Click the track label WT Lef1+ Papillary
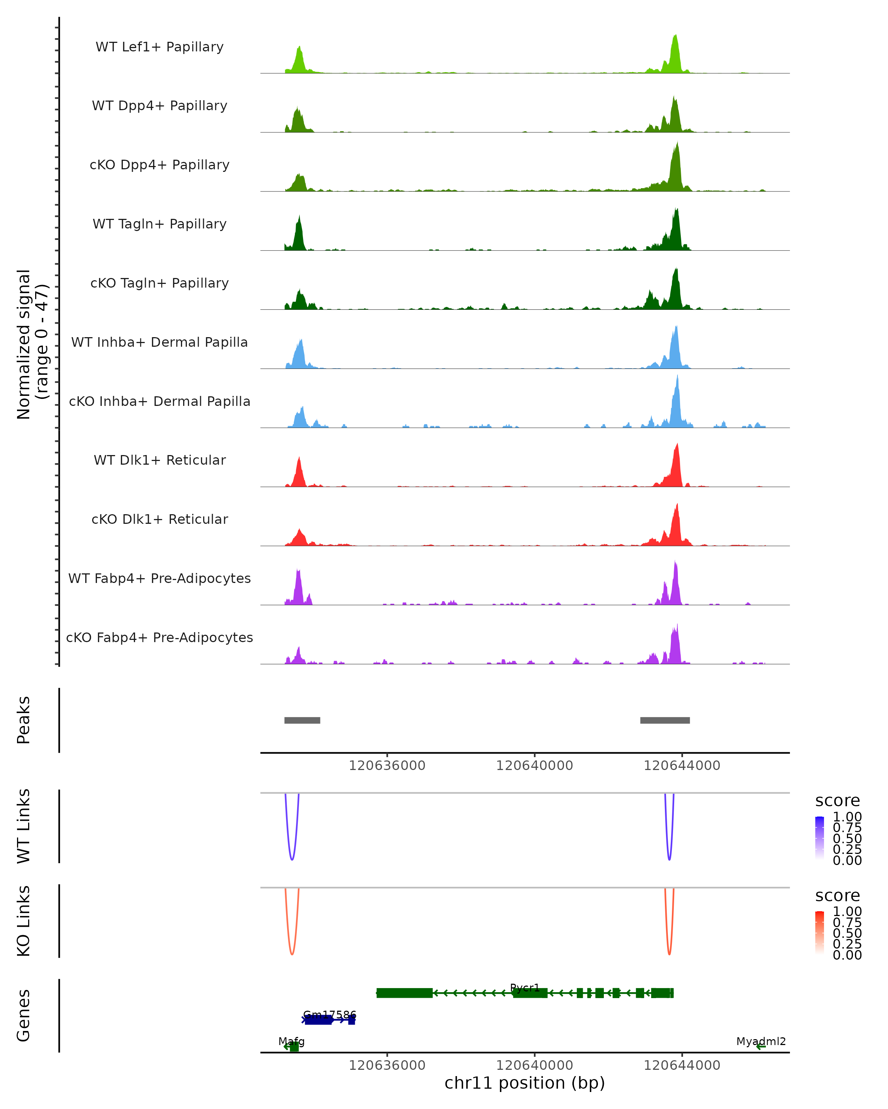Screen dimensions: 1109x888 [x=159, y=47]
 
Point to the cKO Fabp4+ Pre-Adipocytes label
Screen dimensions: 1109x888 [x=159, y=637]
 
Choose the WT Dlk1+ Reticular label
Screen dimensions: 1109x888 [x=159, y=460]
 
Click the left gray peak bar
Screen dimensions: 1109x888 [x=302, y=720]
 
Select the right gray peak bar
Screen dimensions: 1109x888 [x=665, y=720]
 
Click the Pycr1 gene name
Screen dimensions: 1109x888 [x=525, y=988]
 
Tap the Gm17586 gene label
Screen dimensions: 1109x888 [x=329, y=1014]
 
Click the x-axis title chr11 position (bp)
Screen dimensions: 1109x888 [x=525, y=1083]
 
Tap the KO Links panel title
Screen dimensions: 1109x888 [x=24, y=921]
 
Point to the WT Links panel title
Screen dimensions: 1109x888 [x=24, y=826]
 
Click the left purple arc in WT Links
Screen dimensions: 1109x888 [x=292, y=859]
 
